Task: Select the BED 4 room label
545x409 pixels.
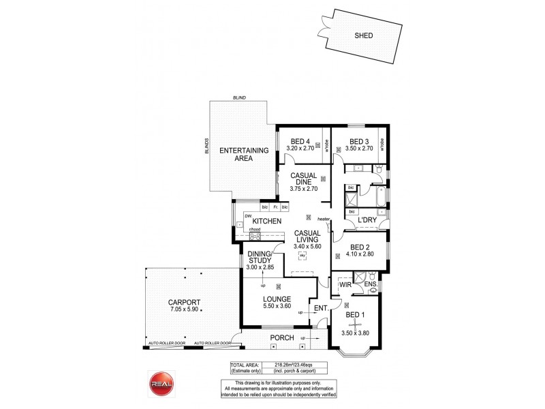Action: [x=299, y=142]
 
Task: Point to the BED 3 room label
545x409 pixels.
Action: [x=359, y=142]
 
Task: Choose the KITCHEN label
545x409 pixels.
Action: [x=268, y=222]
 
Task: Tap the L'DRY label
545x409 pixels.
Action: [x=368, y=220]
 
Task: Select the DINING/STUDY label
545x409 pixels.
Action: [x=260, y=257]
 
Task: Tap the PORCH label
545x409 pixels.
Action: [x=282, y=337]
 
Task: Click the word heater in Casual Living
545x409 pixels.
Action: [x=323, y=219]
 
